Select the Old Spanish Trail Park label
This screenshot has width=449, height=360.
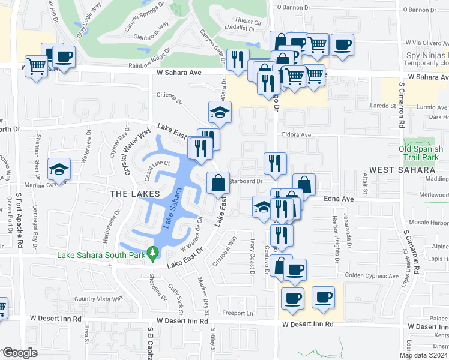(423, 152)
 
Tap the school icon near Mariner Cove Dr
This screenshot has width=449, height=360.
(59, 169)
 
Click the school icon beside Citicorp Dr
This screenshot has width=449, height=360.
(220, 112)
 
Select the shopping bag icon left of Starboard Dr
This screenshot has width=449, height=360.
(217, 182)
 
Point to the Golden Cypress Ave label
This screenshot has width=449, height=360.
(372, 276)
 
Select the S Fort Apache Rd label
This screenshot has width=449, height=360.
(20, 218)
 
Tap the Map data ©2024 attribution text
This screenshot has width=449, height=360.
(423, 355)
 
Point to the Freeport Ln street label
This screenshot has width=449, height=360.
(238, 313)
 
